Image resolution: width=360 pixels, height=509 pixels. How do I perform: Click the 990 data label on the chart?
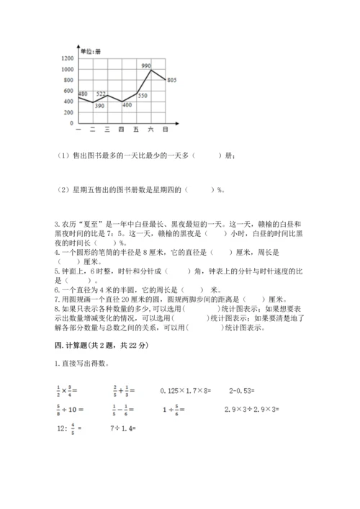(146, 66)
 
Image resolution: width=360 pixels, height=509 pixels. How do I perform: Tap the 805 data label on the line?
(171, 80)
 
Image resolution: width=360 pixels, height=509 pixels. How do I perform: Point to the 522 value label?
(101, 94)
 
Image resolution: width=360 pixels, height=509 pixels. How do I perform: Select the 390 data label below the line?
(99, 106)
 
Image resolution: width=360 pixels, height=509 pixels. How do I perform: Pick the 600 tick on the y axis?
(68, 90)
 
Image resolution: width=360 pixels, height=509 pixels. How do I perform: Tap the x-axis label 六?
(150, 129)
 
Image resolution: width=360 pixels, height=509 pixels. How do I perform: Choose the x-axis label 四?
(121, 129)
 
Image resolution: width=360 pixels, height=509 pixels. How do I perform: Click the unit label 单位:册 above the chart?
(91, 51)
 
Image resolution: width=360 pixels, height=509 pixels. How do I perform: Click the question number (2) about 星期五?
(59, 190)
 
